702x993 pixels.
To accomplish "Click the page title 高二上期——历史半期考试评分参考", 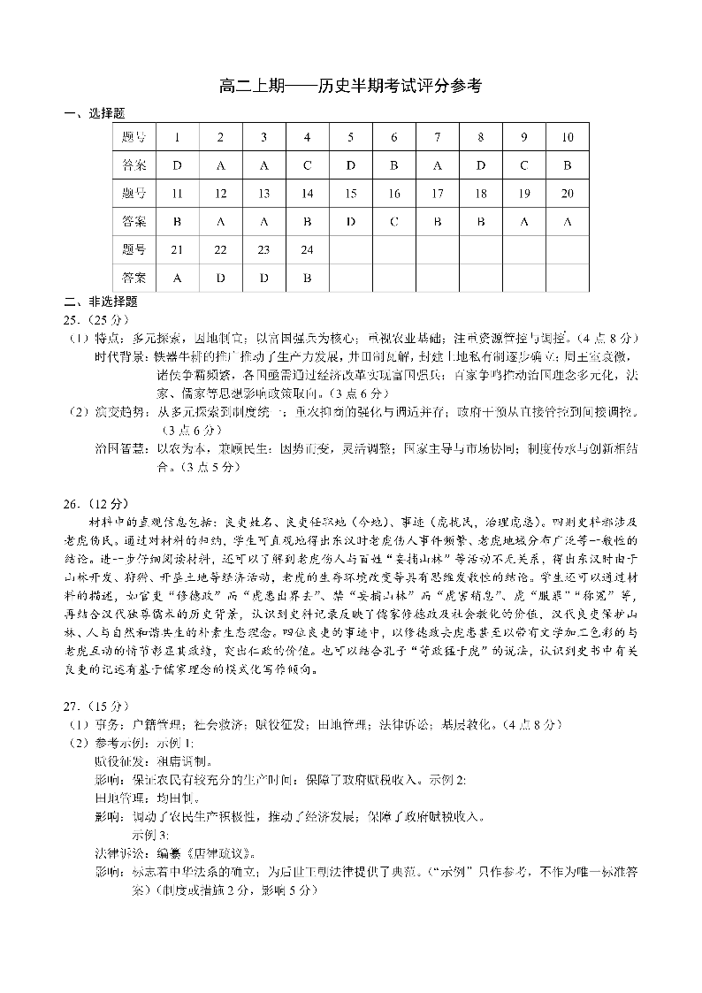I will [350, 87].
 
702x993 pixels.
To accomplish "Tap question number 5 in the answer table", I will [350, 137].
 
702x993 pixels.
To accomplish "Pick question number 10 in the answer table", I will [567, 137].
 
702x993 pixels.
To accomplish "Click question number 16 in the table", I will [394, 194].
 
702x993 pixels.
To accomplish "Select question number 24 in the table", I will [307, 250].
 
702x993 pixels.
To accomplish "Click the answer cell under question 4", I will [307, 165].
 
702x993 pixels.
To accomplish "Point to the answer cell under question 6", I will [394, 165].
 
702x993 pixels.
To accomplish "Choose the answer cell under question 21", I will [177, 278].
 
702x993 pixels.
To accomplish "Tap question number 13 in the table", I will [263, 194].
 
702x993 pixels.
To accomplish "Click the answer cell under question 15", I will [350, 221].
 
